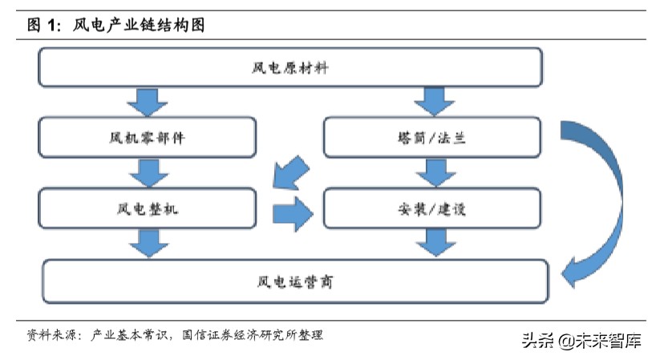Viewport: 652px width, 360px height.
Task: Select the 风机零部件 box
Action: click(x=148, y=137)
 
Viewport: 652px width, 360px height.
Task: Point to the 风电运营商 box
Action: click(x=295, y=281)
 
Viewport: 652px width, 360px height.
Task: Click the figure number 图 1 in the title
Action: click(x=43, y=26)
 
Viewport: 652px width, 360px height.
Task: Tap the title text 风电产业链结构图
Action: click(x=139, y=26)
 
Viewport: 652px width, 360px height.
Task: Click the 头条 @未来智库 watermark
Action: click(x=582, y=341)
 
